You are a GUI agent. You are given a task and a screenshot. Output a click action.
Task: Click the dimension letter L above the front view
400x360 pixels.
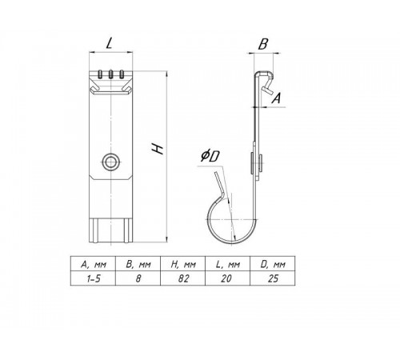click(110, 43)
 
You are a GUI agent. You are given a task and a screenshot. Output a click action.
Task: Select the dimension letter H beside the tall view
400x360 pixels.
click(158, 149)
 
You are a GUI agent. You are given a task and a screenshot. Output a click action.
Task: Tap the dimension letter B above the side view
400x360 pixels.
click(263, 44)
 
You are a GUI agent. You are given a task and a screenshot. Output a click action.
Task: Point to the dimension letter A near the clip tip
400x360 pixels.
click(277, 98)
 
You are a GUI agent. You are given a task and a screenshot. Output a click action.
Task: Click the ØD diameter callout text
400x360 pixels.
click(210, 156)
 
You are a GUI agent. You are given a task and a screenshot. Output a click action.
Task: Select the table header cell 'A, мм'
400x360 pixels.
click(94, 264)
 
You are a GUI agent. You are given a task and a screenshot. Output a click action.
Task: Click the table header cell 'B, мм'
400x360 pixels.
click(138, 264)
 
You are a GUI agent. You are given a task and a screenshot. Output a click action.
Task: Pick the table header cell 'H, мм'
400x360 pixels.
click(183, 264)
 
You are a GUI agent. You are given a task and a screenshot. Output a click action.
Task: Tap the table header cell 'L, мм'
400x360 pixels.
click(228, 264)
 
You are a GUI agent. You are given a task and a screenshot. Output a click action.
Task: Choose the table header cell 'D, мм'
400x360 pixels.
click(273, 264)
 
